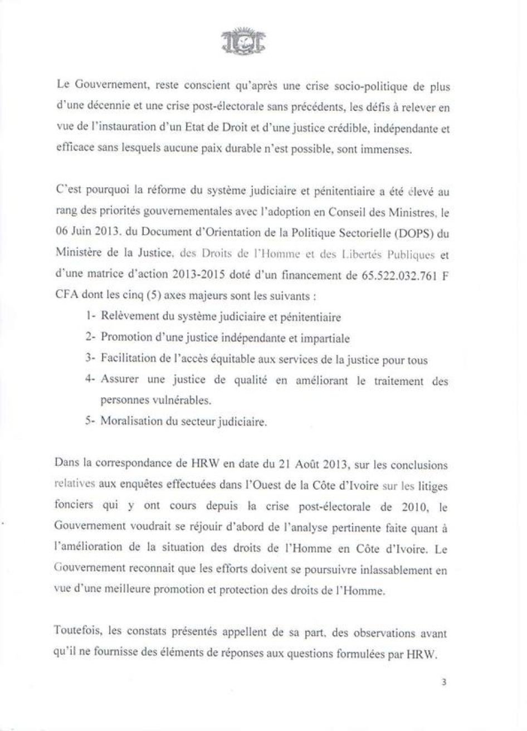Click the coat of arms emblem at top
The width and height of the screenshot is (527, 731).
coord(243,41)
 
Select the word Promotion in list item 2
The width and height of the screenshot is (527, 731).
coord(124,338)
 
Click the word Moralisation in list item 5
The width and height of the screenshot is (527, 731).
coord(128,422)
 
